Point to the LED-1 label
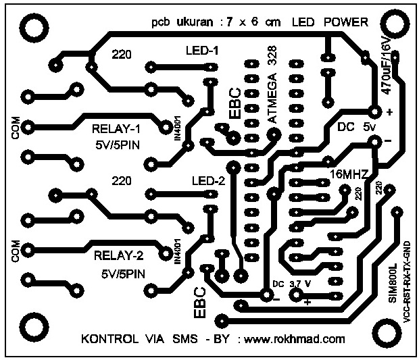pyautogui.click(x=202, y=50)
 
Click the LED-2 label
pyautogui.click(x=207, y=180)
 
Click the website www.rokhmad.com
pyautogui.click(x=291, y=339)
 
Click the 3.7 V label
pyautogui.click(x=299, y=284)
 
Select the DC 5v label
pyautogui.click(x=355, y=126)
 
